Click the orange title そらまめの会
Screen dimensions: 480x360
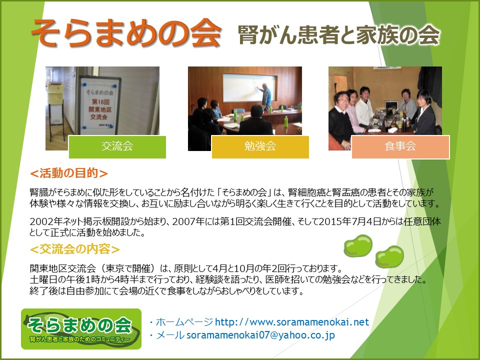click(126, 33)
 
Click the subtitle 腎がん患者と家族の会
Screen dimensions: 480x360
click(338, 34)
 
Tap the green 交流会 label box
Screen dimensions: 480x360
click(117, 147)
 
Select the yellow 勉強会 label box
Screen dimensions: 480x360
click(260, 147)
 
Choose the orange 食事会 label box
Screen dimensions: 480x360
click(400, 147)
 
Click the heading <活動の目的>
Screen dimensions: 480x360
click(69, 173)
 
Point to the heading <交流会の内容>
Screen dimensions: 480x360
click(74, 249)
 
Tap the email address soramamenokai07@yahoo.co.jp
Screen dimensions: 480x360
click(260, 335)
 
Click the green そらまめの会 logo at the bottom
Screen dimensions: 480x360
click(81, 329)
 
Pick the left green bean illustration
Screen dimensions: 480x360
click(358, 245)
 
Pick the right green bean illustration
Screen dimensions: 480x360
click(389, 256)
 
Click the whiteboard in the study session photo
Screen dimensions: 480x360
click(249, 87)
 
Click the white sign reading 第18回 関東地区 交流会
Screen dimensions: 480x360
click(99, 106)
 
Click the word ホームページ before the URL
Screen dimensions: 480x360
click(184, 322)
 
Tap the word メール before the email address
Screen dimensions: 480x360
click(170, 335)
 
